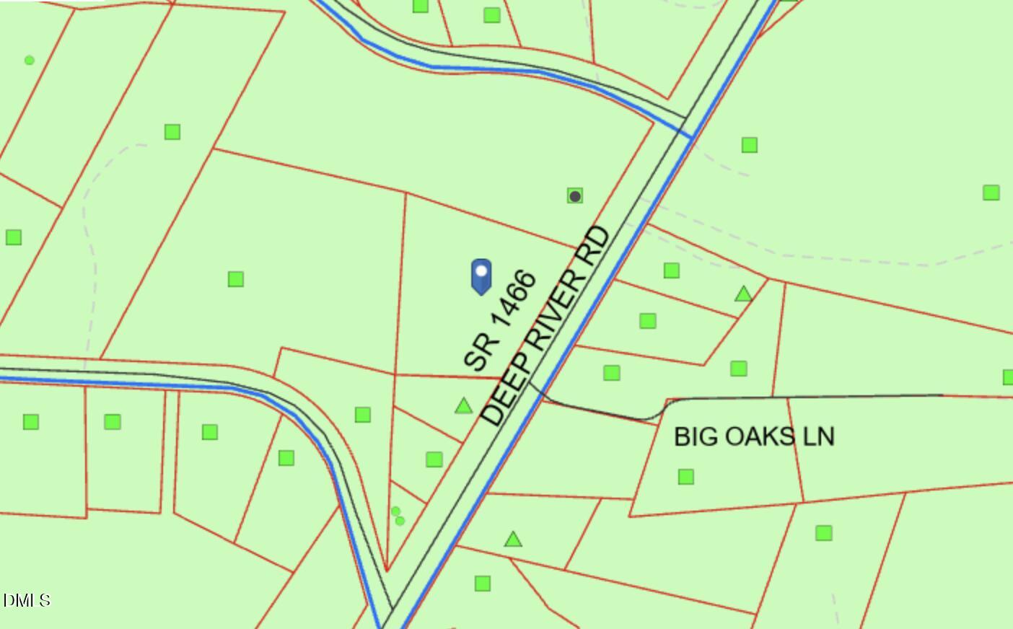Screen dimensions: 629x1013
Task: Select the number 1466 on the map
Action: pos(512,299)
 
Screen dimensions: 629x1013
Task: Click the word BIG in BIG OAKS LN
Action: pos(692,436)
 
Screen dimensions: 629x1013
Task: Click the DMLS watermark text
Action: pos(26,600)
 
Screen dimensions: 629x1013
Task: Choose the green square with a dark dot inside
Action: pos(575,195)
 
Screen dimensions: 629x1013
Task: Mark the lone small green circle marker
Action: pos(30,61)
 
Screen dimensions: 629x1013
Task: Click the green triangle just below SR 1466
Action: pos(463,406)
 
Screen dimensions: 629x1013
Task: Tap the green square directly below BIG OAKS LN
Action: pos(686,477)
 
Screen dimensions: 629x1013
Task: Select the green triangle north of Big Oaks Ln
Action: pos(743,294)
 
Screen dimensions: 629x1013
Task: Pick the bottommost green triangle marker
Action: pos(513,539)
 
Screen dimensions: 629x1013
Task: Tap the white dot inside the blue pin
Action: pos(481,272)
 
